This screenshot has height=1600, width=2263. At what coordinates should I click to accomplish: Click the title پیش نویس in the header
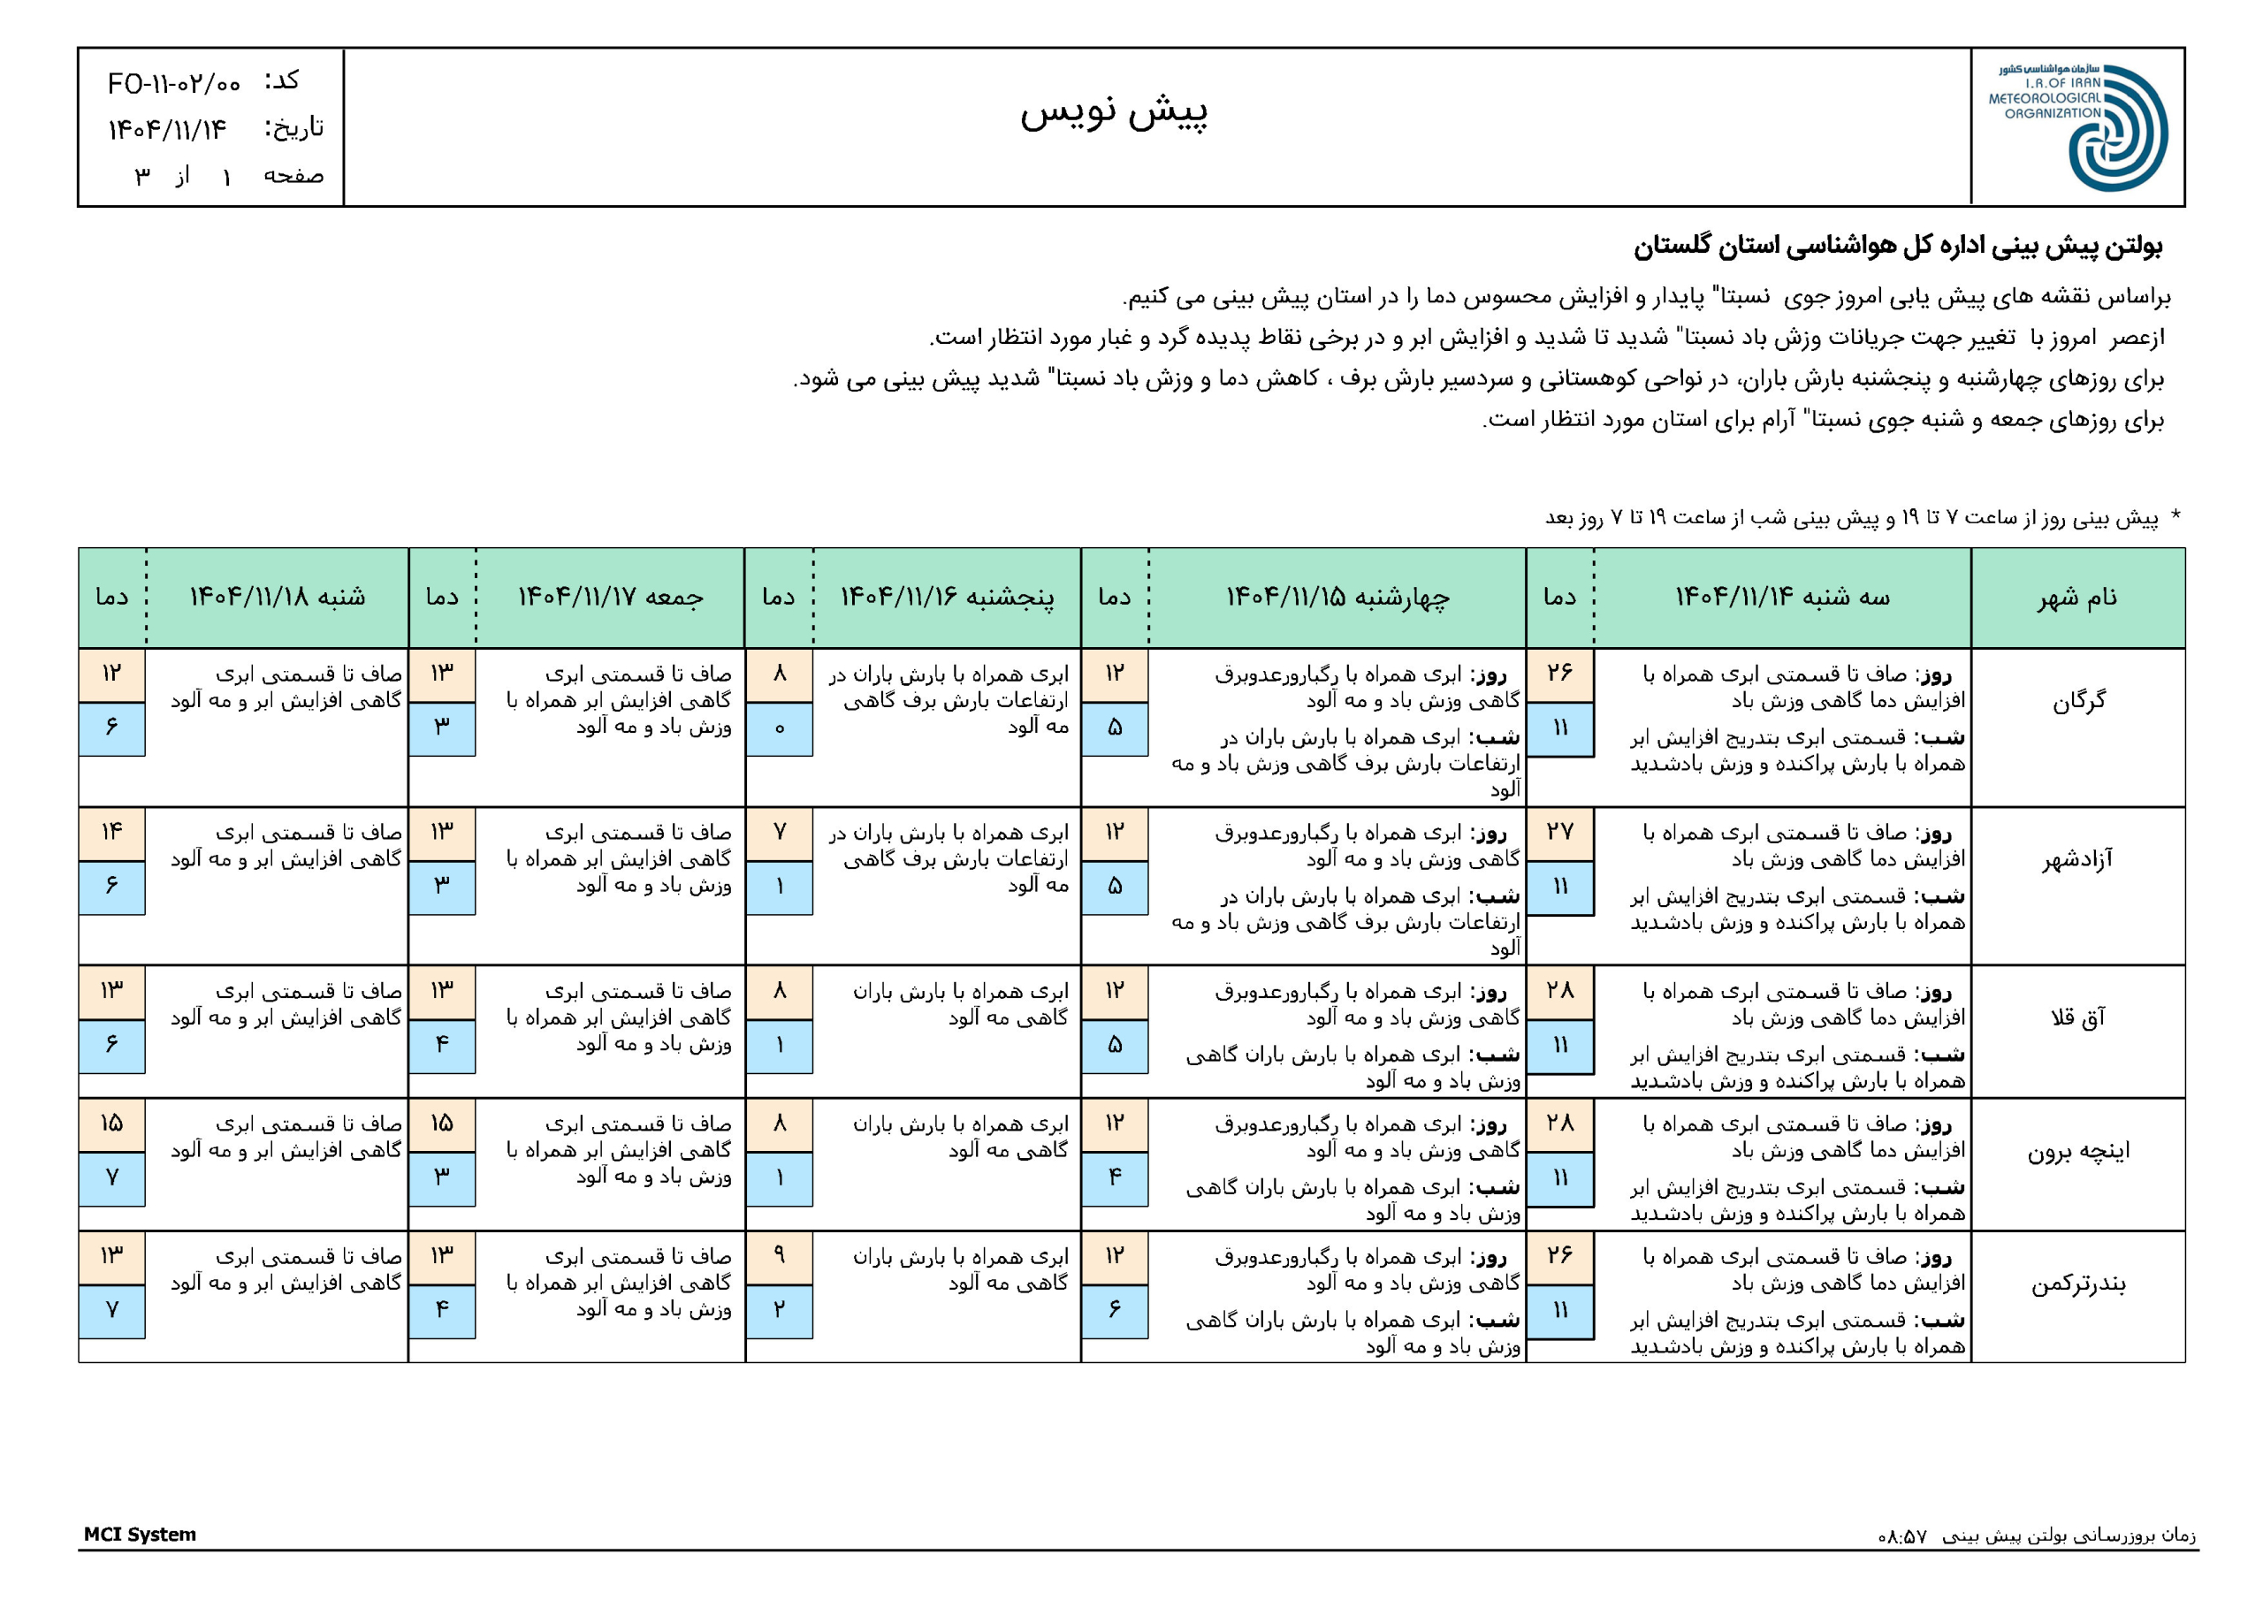[1113, 112]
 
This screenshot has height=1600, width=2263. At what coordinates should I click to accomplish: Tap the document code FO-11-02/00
[174, 84]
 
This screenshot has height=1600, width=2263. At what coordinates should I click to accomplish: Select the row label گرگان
[2077, 701]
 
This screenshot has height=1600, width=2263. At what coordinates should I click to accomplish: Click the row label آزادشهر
[2077, 859]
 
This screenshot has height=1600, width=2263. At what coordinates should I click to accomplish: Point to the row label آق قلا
[2077, 1017]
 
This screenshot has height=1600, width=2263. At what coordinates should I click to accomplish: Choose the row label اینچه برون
[2077, 1150]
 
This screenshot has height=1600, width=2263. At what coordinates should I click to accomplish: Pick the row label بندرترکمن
[2077, 1284]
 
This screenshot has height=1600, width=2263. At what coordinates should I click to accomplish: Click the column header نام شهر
[2077, 598]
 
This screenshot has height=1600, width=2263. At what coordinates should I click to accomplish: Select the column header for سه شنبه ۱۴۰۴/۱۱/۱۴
[1782, 598]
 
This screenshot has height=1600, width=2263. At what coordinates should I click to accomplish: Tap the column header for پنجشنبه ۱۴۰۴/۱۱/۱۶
[946, 598]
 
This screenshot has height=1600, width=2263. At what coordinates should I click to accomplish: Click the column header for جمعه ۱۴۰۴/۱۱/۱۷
[610, 598]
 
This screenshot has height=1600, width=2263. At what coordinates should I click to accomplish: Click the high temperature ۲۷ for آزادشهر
[1559, 833]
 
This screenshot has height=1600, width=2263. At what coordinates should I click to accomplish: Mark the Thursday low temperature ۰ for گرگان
[779, 728]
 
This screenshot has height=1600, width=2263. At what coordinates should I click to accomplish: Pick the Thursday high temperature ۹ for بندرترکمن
[779, 1256]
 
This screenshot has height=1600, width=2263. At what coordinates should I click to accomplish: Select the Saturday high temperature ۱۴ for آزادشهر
[111, 833]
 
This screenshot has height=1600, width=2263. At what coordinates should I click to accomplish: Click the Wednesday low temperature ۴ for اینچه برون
[1114, 1177]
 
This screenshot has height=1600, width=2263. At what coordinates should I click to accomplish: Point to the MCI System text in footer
[140, 1535]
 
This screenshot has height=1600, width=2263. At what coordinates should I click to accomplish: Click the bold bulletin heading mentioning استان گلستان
[1897, 247]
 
